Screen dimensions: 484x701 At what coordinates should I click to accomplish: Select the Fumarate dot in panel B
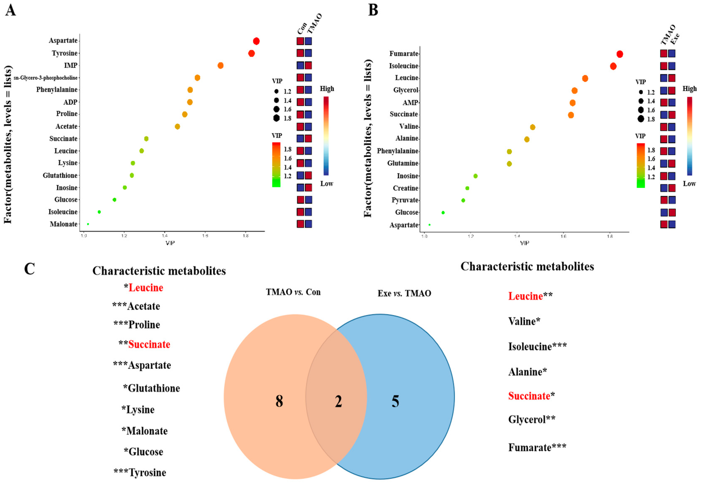(620, 54)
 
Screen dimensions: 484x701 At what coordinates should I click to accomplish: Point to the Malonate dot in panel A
(88, 224)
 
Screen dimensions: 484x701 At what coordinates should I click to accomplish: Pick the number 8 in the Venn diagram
(279, 401)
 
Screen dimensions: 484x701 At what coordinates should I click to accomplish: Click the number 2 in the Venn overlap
(338, 401)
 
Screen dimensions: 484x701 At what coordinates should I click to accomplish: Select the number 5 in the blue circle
(395, 401)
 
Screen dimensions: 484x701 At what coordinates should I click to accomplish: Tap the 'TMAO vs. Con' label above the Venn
(293, 292)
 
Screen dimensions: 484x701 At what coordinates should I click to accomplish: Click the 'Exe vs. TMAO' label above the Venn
(404, 293)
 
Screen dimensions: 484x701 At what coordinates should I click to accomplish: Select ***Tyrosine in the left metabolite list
(140, 472)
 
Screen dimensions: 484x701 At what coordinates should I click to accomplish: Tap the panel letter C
(29, 269)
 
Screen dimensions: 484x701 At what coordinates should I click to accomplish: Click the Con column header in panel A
(302, 29)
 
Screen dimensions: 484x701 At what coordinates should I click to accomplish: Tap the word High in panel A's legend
(327, 89)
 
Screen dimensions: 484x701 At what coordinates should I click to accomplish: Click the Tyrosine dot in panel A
(251, 53)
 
